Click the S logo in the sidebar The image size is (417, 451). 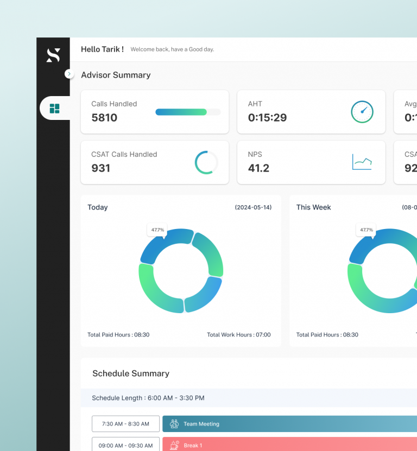click(53, 55)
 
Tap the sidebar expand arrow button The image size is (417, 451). click(69, 74)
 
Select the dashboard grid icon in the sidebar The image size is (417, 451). click(54, 109)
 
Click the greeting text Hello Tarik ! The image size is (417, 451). click(102, 49)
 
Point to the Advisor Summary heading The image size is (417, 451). click(116, 75)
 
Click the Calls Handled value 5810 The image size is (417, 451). click(104, 118)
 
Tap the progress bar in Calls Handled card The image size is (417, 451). click(188, 112)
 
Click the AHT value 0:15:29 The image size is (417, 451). click(267, 118)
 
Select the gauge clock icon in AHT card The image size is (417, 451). click(362, 112)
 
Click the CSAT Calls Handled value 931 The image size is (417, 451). click(100, 168)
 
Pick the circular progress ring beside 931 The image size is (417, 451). click(206, 163)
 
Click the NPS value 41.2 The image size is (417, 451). click(258, 168)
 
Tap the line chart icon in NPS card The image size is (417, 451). click(362, 162)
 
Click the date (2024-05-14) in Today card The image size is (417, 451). click(253, 207)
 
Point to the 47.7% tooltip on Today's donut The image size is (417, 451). click(157, 230)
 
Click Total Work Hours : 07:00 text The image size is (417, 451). click(238, 335)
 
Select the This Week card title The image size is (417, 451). click(313, 207)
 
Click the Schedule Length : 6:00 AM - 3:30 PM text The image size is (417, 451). click(148, 398)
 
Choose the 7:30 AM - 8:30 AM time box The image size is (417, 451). click(125, 424)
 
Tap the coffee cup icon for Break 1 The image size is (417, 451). click(174, 445)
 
